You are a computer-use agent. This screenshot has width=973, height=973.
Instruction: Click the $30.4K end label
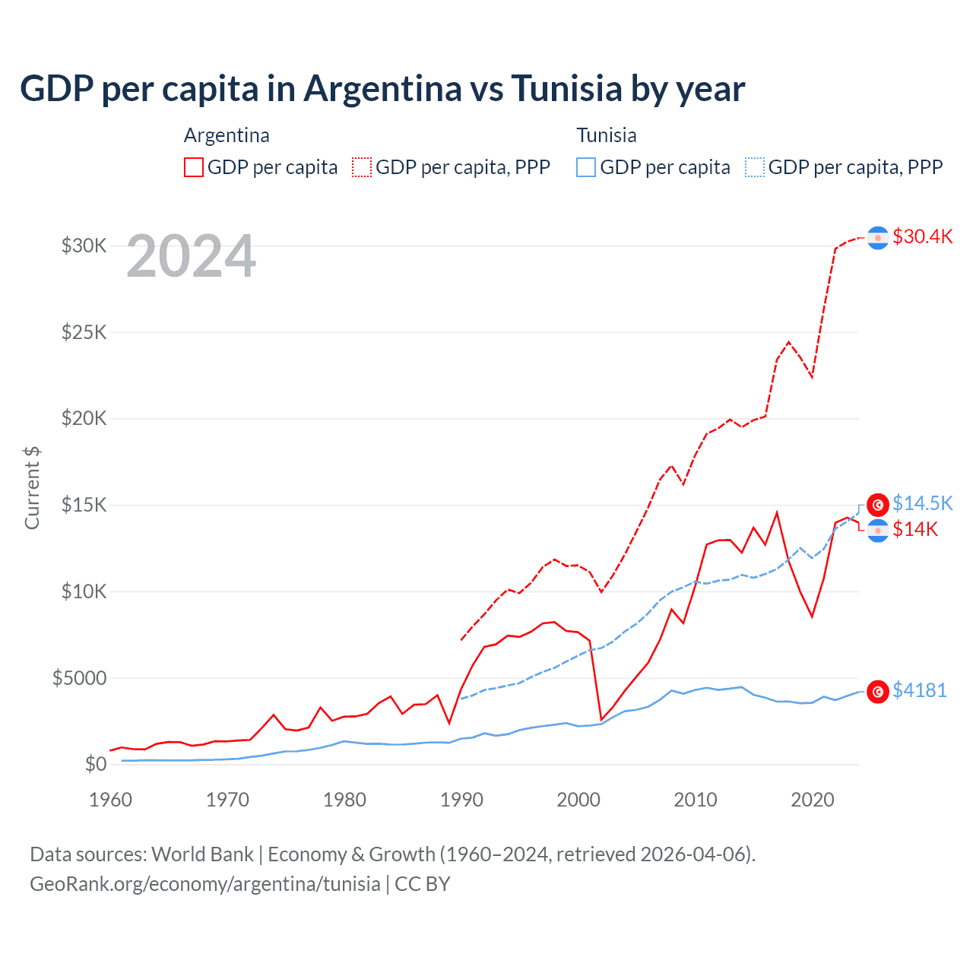click(922, 236)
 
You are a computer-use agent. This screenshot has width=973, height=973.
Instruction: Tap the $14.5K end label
click(922, 503)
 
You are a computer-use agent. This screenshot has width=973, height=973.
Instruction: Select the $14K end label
click(915, 529)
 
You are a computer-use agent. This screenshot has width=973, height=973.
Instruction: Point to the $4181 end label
click(919, 690)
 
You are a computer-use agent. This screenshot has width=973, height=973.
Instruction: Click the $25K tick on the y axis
click(84, 332)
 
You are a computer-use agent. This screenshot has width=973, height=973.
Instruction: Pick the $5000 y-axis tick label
click(79, 678)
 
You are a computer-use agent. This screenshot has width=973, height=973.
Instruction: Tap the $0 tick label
click(95, 764)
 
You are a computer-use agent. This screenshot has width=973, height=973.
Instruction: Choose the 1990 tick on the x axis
click(461, 800)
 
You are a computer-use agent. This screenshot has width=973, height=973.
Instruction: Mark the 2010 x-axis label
click(696, 800)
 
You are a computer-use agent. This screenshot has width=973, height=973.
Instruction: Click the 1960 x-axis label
click(111, 800)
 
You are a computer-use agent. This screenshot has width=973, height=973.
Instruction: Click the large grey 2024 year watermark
click(191, 256)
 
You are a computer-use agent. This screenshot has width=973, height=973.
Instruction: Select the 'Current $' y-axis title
click(32, 487)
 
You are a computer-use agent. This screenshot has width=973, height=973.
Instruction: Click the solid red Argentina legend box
click(194, 167)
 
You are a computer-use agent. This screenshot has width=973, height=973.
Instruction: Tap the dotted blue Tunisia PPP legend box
click(755, 167)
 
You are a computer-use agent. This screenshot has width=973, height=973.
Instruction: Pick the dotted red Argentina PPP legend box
click(362, 167)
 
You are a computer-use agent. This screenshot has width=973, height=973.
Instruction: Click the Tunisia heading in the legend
click(606, 135)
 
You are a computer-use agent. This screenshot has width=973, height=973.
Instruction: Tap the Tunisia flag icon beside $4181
click(878, 691)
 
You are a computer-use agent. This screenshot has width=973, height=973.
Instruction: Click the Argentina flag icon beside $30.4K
click(878, 238)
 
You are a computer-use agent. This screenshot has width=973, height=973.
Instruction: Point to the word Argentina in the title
click(383, 88)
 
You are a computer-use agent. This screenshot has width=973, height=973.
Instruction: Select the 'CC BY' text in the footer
click(423, 884)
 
